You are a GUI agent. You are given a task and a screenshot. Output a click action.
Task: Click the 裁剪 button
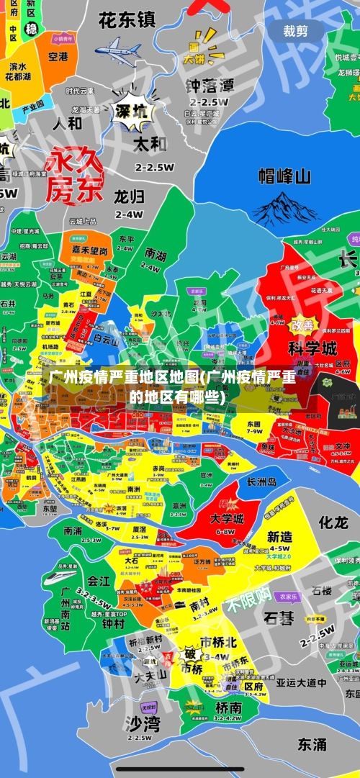tap(295, 31)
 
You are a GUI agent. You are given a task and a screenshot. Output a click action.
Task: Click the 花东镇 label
tap(127, 19)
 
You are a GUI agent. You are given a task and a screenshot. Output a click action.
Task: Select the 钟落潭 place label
tap(210, 86)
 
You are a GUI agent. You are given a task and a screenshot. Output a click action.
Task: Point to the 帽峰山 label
tap(284, 176)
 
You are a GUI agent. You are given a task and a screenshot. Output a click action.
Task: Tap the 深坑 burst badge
tap(132, 112)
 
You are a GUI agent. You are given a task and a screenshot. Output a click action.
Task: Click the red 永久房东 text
tap(75, 176)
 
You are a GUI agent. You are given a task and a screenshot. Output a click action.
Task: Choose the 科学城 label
tap(312, 349)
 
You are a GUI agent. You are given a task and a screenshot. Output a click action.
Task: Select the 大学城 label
tap(226, 518)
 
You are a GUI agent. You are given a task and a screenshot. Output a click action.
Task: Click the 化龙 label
tap(333, 522)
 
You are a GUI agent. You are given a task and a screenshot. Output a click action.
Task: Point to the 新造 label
tap(279, 537)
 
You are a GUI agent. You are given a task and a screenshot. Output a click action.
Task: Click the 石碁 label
tap(279, 618)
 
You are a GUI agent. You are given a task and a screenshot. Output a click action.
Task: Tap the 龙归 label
tap(130, 196)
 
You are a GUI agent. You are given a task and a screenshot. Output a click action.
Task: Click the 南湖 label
tap(156, 254)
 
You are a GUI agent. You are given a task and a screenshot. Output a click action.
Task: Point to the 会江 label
tap(99, 580)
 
